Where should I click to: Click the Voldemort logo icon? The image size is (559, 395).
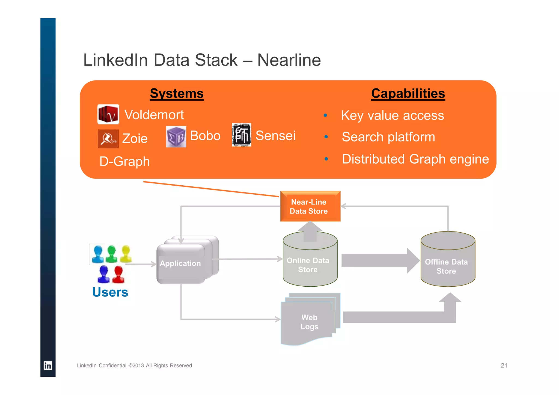(x=108, y=114)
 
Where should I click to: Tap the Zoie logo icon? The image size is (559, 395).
(x=108, y=139)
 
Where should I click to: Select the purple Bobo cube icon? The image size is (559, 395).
(x=176, y=136)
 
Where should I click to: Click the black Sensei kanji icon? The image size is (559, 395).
(x=241, y=135)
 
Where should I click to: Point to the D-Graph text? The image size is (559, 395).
(x=124, y=161)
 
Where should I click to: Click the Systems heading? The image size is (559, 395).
(x=177, y=93)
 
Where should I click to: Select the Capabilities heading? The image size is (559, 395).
(x=408, y=93)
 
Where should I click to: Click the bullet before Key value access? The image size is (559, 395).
(x=325, y=115)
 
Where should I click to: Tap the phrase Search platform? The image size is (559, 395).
(x=388, y=137)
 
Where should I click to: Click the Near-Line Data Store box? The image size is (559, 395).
(x=310, y=206)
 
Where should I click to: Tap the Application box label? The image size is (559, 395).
(x=180, y=263)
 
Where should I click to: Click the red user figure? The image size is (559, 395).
(x=118, y=274)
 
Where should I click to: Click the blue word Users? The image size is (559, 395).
(x=110, y=292)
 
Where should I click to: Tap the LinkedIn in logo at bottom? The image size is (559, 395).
(x=48, y=366)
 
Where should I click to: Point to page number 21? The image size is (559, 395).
(x=504, y=366)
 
